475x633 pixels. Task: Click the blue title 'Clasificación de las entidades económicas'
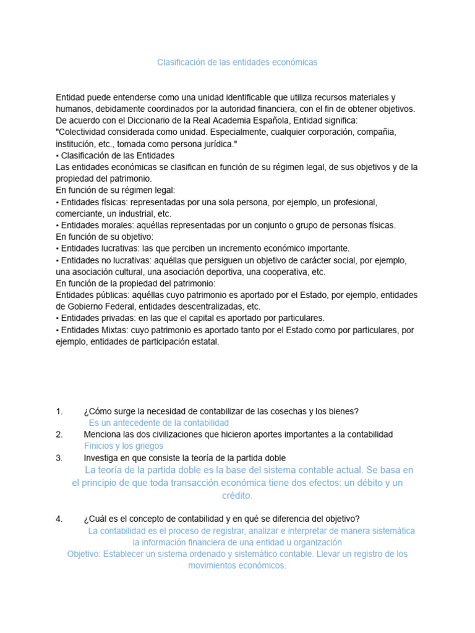point(237,62)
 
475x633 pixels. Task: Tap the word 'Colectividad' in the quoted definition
point(84,132)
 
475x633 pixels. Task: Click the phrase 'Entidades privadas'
point(95,318)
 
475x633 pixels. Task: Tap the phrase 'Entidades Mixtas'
point(93,330)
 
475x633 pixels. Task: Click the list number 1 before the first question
point(59,412)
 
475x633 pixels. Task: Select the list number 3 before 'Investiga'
point(59,458)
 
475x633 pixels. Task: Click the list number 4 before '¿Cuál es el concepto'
point(59,519)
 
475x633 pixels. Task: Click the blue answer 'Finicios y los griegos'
point(124,446)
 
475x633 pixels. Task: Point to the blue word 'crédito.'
point(237,496)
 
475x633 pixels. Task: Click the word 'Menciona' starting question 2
point(103,435)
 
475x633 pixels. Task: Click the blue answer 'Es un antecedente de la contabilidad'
point(159,423)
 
